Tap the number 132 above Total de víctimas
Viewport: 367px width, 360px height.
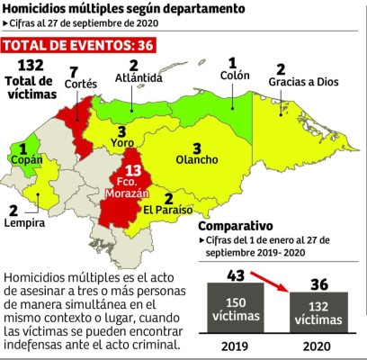(31, 66)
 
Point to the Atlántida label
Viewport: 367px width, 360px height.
(132, 77)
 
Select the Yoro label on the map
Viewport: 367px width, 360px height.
(122, 143)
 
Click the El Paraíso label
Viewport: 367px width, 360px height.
(168, 211)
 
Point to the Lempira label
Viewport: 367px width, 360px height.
(25, 222)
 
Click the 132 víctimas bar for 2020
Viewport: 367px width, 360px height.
(317, 312)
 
